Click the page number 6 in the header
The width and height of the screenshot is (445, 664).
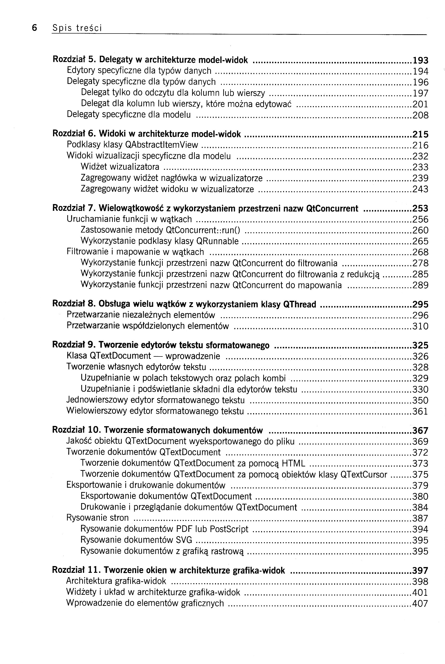click(x=34, y=27)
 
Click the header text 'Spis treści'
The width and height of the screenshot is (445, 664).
click(x=77, y=28)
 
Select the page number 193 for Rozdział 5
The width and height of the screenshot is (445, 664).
click(x=420, y=60)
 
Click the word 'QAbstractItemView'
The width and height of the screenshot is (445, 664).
click(x=161, y=145)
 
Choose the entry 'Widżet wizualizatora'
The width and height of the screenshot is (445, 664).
click(x=120, y=167)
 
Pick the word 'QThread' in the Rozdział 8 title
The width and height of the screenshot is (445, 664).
click(x=299, y=304)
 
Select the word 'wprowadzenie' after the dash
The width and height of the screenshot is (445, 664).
click(x=193, y=356)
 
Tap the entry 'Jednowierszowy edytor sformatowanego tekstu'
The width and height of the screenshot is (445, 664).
click(x=155, y=400)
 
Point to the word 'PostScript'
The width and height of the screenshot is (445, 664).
click(x=229, y=529)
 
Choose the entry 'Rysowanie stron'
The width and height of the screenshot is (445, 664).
click(x=97, y=518)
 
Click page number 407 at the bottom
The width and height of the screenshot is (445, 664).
click(x=420, y=603)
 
